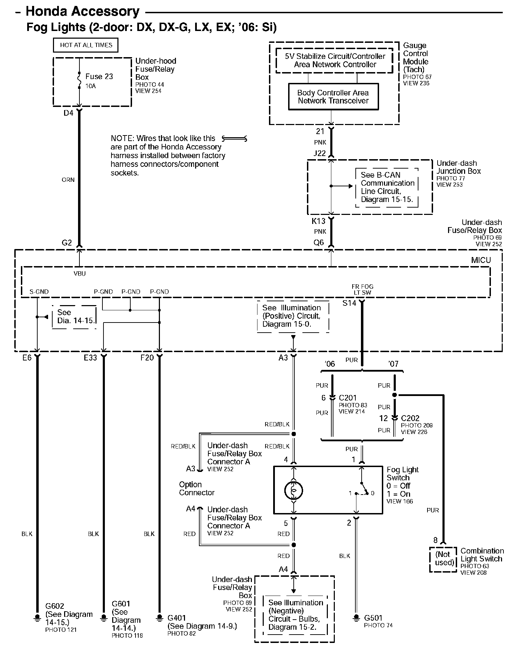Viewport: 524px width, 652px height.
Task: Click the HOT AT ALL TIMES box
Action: tap(86, 45)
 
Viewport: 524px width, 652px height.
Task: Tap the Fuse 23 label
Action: tap(99, 77)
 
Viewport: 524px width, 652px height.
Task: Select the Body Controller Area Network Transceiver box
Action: tap(333, 97)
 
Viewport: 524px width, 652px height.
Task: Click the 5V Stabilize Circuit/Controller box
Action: tap(335, 61)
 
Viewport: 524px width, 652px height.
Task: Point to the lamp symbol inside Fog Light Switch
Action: tap(294, 491)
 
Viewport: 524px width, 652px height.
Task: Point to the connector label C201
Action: tap(348, 398)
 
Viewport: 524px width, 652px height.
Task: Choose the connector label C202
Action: tap(410, 418)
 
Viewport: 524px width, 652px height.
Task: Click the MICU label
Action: tap(481, 260)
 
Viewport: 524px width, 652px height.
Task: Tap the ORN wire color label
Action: tap(68, 180)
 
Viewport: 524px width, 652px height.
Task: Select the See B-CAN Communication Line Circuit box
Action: tap(387, 187)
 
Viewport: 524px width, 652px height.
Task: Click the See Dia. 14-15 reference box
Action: tap(74, 317)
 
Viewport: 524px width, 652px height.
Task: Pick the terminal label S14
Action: tap(349, 303)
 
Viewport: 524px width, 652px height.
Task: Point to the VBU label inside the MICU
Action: tap(80, 274)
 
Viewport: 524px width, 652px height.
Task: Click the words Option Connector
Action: tap(196, 489)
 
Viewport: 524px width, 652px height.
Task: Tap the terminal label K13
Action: tap(318, 221)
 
